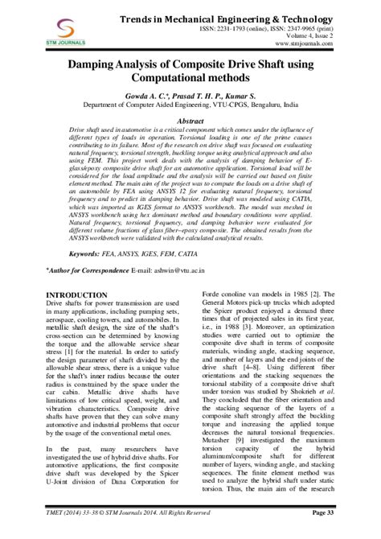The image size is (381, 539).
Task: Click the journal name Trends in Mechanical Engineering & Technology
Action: coord(244,18)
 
